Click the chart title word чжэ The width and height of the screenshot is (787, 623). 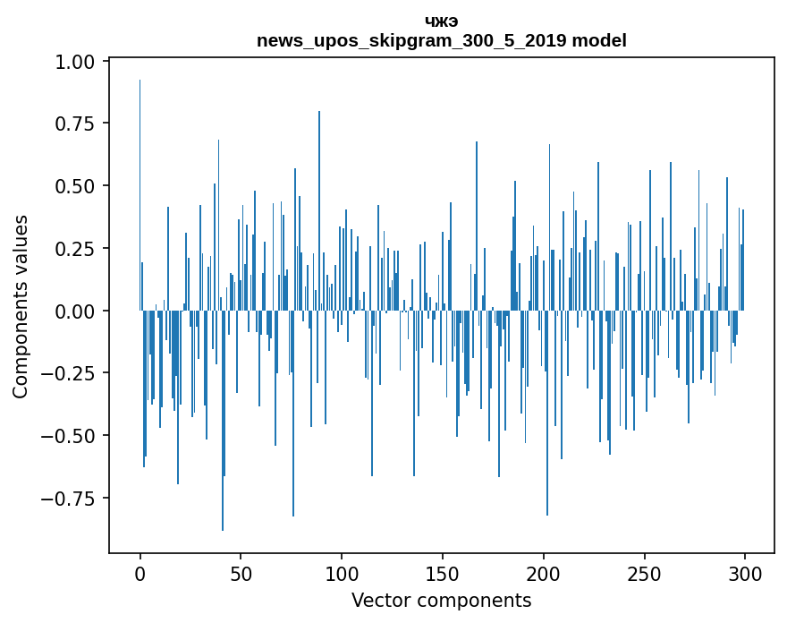[441, 21]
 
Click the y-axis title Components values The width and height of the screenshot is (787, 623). [21, 306]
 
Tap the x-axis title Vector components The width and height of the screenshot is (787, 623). [441, 601]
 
